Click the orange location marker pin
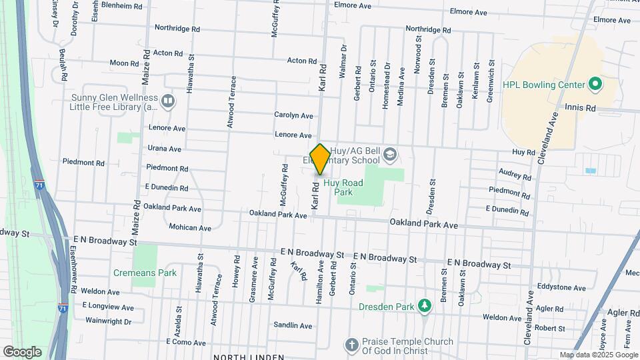[320, 159]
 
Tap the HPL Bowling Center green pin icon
[595, 85]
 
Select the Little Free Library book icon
[167, 101]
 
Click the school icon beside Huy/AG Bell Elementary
[389, 155]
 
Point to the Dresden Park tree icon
[424, 305]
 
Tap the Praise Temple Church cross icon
[351, 345]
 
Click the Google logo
[21, 352]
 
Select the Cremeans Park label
[145, 273]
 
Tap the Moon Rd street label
[123, 63]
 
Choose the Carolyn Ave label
[293, 115]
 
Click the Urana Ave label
[164, 149]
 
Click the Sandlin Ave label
[293, 326]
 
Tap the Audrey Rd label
[515, 175]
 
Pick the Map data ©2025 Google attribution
[598, 355]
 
